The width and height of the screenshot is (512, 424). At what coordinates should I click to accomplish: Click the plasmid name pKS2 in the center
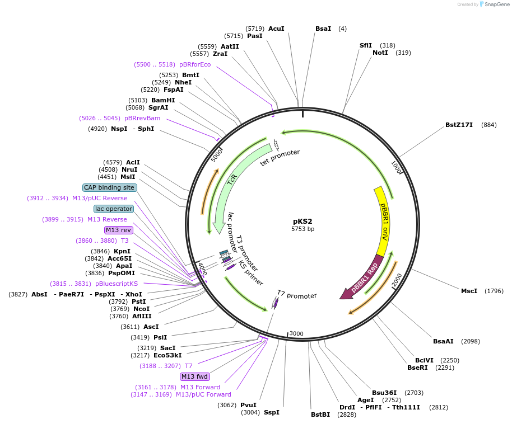[302, 221]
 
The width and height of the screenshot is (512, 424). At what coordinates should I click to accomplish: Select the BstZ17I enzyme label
[459, 125]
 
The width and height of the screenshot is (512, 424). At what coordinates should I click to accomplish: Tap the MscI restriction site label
[469, 291]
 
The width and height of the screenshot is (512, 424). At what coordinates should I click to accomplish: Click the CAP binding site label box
[109, 187]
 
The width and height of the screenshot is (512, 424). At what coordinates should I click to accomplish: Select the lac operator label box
[114, 209]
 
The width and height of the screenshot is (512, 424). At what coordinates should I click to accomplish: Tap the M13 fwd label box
[194, 376]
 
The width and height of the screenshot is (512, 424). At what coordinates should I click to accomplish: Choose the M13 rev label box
[118, 230]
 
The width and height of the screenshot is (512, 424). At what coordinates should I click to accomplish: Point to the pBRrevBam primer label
[142, 118]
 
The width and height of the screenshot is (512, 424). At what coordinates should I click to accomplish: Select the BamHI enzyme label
[163, 100]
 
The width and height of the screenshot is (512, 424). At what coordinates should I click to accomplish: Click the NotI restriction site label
[380, 53]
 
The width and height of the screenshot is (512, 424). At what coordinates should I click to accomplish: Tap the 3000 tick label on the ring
[296, 334]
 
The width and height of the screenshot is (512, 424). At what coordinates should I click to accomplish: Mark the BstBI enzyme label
[320, 414]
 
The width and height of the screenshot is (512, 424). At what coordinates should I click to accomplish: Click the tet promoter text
[280, 157]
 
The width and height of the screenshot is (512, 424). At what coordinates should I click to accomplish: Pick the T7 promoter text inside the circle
[297, 295]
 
